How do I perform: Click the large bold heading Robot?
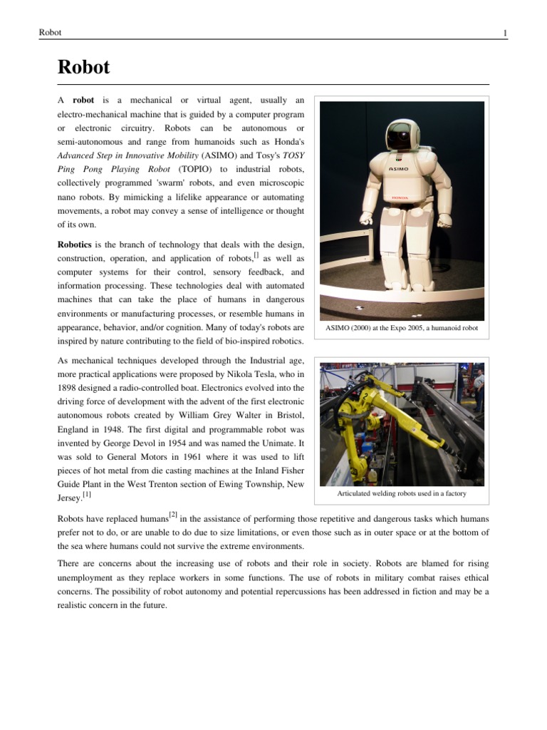click(83, 68)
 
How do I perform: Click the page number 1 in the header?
click(504, 33)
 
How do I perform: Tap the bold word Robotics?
click(75, 244)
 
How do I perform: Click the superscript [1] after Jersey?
click(86, 493)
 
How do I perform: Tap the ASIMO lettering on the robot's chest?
click(398, 170)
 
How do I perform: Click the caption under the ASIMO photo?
click(402, 328)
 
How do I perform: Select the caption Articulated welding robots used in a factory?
click(402, 493)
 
